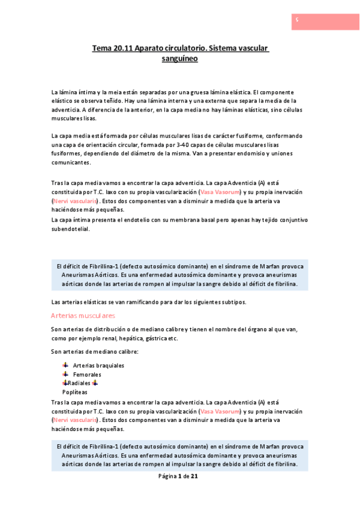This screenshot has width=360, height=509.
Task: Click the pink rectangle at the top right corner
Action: point(325,21)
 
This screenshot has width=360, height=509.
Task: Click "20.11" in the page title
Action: point(122,47)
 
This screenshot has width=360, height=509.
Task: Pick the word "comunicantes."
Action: point(71,162)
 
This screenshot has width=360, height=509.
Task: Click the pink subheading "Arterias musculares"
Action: point(83,315)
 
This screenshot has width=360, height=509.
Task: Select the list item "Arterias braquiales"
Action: point(98,365)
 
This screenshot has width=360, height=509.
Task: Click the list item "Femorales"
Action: point(87,374)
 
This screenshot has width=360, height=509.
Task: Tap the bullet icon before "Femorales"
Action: point(65,374)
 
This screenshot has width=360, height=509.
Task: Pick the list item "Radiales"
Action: point(80,383)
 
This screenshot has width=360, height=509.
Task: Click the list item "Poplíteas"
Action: point(74,392)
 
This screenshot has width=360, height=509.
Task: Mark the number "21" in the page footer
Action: point(194,476)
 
